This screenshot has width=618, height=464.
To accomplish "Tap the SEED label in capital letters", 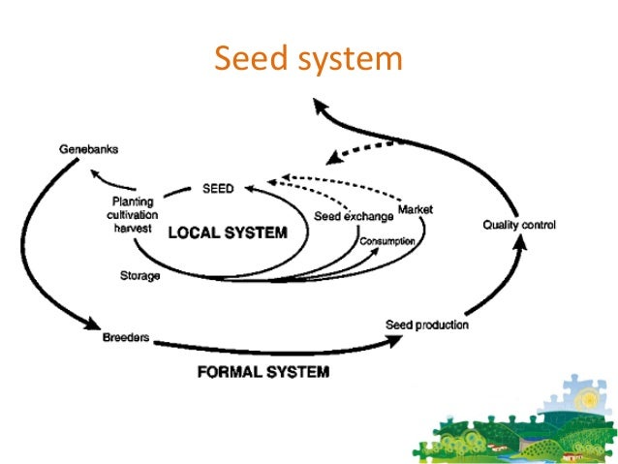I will [x=218, y=188].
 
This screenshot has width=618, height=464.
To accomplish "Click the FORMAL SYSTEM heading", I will [x=263, y=371].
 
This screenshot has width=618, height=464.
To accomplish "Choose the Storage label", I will [x=140, y=276].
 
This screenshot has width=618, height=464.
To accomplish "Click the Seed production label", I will [x=427, y=325].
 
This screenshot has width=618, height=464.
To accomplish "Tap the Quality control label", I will [x=519, y=226].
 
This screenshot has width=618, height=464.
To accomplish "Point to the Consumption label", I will [x=387, y=240].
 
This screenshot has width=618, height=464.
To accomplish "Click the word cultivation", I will [x=134, y=214].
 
